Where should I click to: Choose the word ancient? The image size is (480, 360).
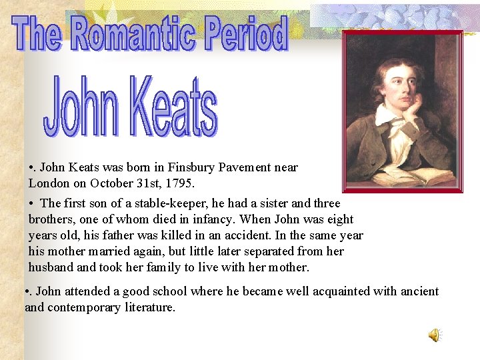click(x=419, y=291)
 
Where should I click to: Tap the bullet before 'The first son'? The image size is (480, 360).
click(x=32, y=204)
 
